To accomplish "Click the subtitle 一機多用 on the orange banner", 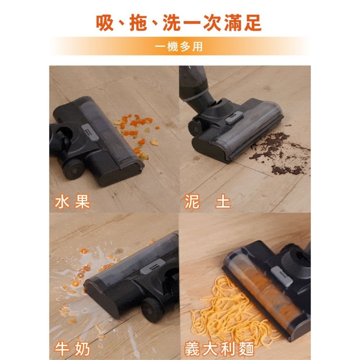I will tap(180, 47).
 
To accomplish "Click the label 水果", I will tap(72, 202).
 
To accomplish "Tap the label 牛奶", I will tap(72, 349).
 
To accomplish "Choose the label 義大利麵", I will tap(219, 349).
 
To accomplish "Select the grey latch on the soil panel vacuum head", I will tap(234, 118).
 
